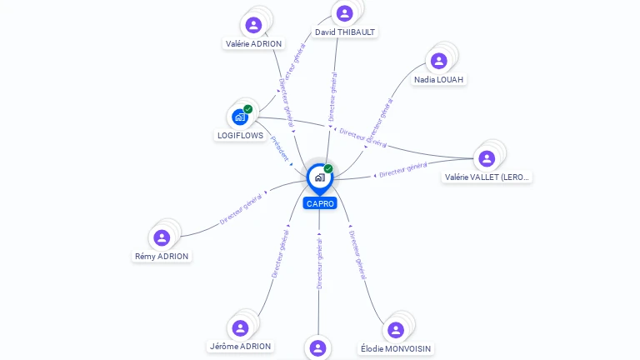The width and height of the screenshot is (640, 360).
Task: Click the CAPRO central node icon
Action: pyautogui.click(x=319, y=177)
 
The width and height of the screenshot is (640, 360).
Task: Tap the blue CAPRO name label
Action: pyautogui.click(x=320, y=203)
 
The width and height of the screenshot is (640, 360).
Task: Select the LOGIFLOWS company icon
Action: pyautogui.click(x=240, y=117)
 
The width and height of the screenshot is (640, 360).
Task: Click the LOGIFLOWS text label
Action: pyautogui.click(x=240, y=136)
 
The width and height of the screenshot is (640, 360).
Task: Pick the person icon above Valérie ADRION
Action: pyautogui.click(x=254, y=24)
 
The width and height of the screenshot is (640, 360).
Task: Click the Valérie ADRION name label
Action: pyautogui.click(x=254, y=43)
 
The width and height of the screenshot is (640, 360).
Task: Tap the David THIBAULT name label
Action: pyautogui.click(x=345, y=32)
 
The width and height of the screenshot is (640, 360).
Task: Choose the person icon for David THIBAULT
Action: pyautogui.click(x=344, y=13)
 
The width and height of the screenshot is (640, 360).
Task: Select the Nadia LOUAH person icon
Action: pyautogui.click(x=438, y=60)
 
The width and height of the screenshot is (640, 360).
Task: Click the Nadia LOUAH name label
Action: pyautogui.click(x=439, y=79)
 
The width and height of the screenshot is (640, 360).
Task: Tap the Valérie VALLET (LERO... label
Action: pyautogui.click(x=487, y=177)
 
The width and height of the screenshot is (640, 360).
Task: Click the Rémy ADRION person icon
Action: pyautogui.click(x=162, y=237)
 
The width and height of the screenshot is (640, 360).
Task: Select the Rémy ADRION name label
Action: pyautogui.click(x=162, y=257)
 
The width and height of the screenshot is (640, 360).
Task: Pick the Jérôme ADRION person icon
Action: pyautogui.click(x=240, y=327)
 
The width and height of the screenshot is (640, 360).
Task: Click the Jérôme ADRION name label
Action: pyautogui.click(x=240, y=346)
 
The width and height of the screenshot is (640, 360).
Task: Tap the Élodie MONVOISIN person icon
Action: pyautogui.click(x=396, y=329)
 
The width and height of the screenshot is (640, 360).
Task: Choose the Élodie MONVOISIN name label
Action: pyautogui.click(x=397, y=348)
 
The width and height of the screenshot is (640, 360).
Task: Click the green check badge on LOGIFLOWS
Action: pyautogui.click(x=247, y=109)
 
